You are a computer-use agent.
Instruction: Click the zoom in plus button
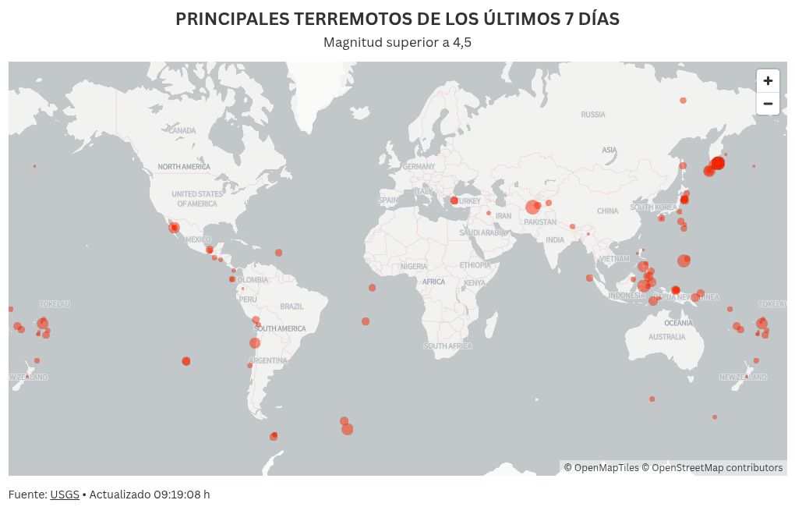[768, 81]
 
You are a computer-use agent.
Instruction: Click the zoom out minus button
[768, 104]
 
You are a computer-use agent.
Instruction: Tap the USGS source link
[65, 495]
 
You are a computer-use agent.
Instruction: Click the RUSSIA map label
[593, 115]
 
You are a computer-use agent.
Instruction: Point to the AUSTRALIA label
[667, 337]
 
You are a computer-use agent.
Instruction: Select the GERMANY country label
[419, 167]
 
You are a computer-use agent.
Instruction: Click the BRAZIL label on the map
[291, 307]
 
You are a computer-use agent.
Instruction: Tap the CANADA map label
[182, 131]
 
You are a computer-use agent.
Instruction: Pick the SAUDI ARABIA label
[483, 232]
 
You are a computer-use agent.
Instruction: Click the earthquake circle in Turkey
[454, 200]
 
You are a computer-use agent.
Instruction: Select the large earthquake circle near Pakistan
[532, 207]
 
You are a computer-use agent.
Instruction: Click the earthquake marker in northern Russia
[683, 101]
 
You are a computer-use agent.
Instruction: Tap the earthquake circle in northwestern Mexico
[174, 228]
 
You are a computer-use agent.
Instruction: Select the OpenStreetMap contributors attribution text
[717, 468]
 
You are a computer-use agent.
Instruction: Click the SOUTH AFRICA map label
[448, 346]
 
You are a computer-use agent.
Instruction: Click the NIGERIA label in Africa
[414, 267]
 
